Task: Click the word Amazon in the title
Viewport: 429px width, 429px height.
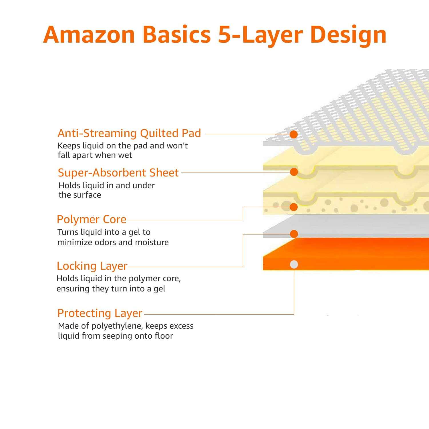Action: click(x=89, y=35)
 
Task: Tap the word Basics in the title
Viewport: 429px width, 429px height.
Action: click(x=176, y=35)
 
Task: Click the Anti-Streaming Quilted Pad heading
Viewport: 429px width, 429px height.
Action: click(x=129, y=133)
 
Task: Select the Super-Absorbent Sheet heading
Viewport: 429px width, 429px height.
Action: click(x=118, y=173)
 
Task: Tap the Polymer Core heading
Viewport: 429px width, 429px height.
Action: click(x=92, y=219)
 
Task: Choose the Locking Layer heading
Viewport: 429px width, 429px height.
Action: click(x=92, y=266)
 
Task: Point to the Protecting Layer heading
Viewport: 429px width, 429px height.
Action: click(x=100, y=313)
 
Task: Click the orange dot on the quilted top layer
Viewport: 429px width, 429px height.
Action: click(x=294, y=134)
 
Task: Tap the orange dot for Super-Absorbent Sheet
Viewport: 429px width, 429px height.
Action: click(x=294, y=172)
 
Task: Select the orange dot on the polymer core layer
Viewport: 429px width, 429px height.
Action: click(x=294, y=207)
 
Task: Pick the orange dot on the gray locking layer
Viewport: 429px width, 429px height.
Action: click(x=294, y=234)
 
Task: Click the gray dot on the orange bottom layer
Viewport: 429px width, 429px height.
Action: click(x=294, y=265)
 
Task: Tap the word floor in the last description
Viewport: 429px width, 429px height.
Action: click(x=164, y=336)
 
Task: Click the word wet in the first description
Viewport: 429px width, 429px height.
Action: click(x=126, y=155)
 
